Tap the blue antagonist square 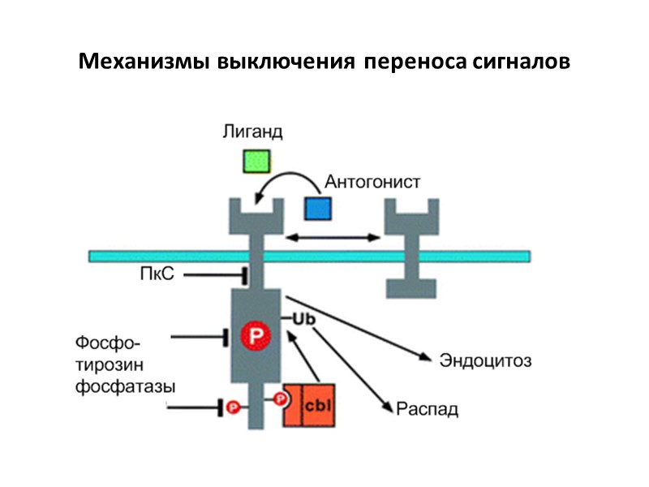pos(318,208)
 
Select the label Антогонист pos(372,181)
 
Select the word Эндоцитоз pos(485,359)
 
